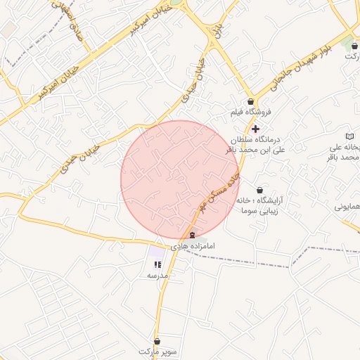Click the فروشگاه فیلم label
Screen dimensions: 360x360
[x=250, y=112]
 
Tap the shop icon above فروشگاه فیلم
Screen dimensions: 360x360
[x=250, y=102]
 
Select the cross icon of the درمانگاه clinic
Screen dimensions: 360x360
[x=255, y=128]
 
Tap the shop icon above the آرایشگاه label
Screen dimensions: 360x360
[x=260, y=190]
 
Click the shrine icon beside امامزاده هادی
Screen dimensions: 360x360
[x=193, y=235]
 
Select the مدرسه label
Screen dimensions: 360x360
[x=157, y=276]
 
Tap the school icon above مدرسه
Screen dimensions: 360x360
[x=157, y=265]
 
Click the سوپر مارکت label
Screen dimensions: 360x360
[x=155, y=351]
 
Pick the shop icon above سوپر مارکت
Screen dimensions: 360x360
[x=157, y=341]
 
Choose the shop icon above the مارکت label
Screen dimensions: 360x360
[x=353, y=46]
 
